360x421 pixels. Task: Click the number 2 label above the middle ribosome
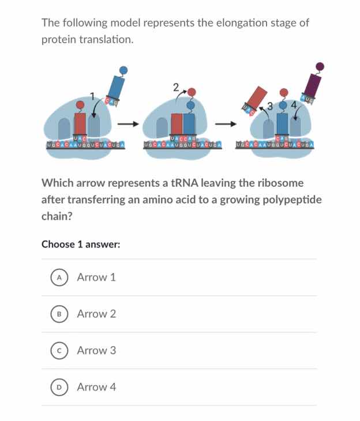(x=175, y=88)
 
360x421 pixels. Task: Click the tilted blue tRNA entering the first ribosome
(x=117, y=89)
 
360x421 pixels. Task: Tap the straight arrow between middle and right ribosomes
(x=226, y=123)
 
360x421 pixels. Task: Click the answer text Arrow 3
(x=96, y=351)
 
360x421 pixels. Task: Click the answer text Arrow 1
(x=96, y=277)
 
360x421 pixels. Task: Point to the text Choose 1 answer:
(x=81, y=244)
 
